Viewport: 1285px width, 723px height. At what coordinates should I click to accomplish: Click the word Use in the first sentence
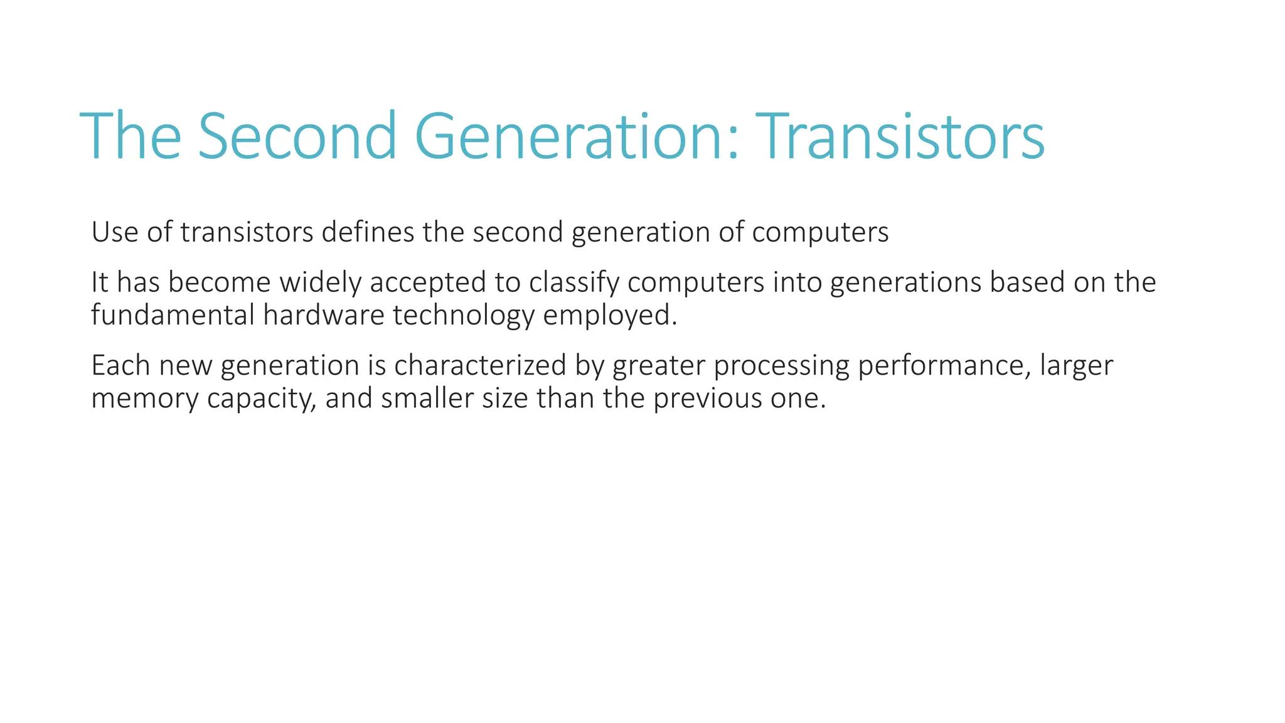point(115,232)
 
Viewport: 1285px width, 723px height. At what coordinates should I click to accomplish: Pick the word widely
point(321,282)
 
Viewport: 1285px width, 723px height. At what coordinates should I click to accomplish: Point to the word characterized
point(480,365)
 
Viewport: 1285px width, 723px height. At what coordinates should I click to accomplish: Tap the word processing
point(781,367)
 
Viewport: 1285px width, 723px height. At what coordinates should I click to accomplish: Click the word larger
point(1076,367)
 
